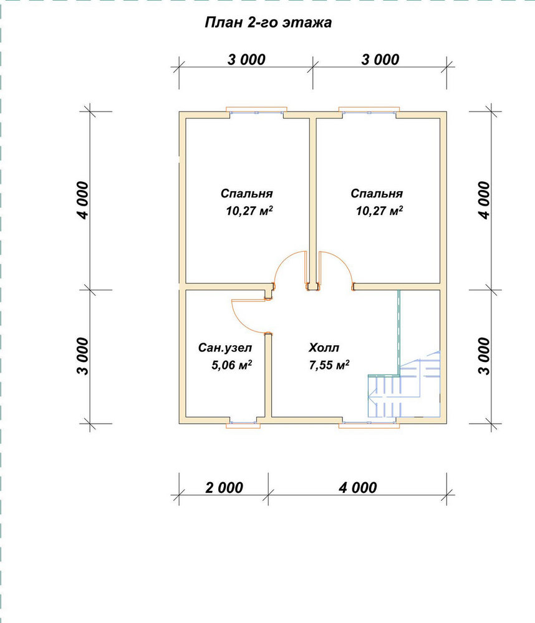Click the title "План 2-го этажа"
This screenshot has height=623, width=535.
(267, 22)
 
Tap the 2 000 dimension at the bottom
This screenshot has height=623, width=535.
(224, 488)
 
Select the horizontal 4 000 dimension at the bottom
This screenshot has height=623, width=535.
(357, 488)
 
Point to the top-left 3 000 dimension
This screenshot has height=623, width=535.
(246, 60)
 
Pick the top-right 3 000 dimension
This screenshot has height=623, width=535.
(380, 60)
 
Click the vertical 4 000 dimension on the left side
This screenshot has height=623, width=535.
(83, 200)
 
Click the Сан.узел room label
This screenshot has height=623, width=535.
(225, 348)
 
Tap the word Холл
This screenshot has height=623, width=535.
(324, 348)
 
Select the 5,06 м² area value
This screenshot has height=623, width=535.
(231, 364)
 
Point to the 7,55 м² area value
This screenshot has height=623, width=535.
(329, 364)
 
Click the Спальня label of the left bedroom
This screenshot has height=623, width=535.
(247, 194)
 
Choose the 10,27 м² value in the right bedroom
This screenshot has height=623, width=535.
(379, 211)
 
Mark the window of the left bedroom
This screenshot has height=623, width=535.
(256, 112)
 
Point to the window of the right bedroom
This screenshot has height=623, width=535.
(369, 112)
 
